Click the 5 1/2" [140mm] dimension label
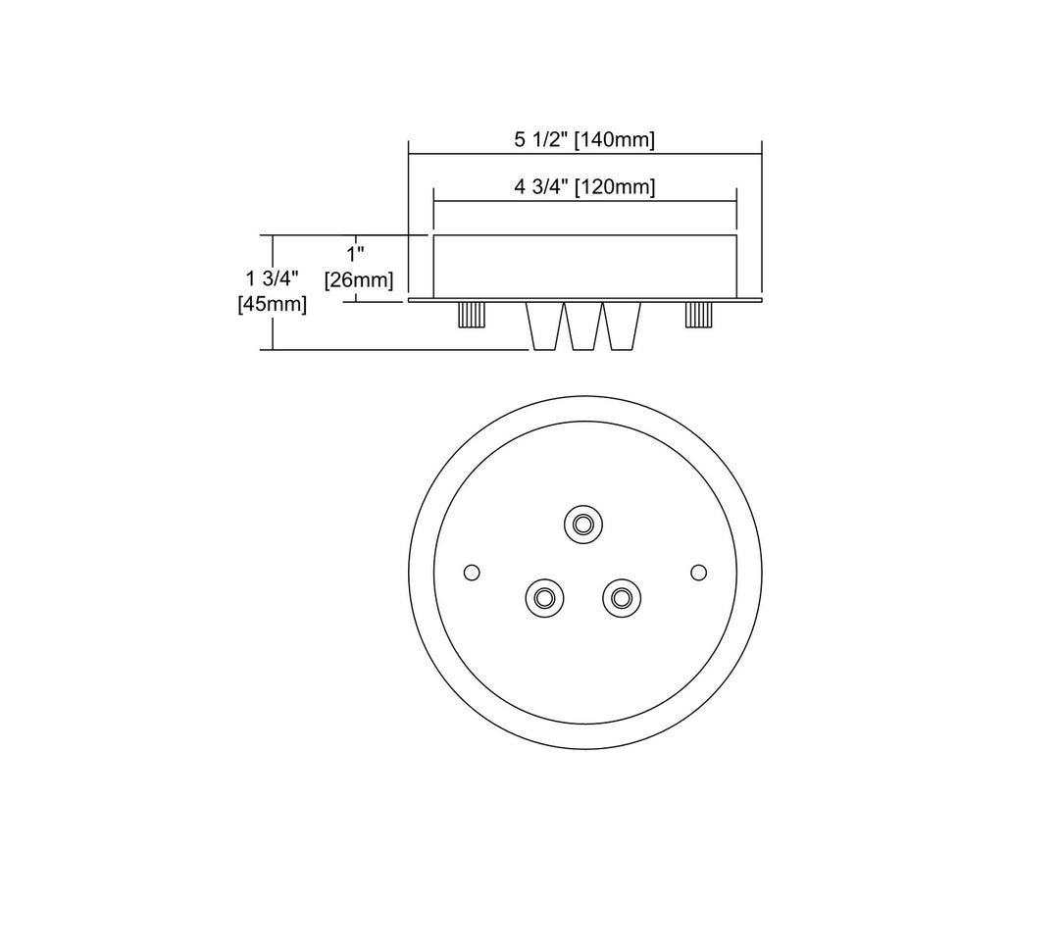click(584, 140)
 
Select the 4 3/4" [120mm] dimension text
click(584, 186)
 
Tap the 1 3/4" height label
click(273, 278)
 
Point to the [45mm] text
click(273, 304)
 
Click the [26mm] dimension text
click(359, 279)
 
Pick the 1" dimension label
click(355, 255)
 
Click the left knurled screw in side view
click(472, 315)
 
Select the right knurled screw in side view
click(698, 315)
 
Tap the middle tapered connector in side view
click(583, 326)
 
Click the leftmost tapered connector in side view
click(544, 326)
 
